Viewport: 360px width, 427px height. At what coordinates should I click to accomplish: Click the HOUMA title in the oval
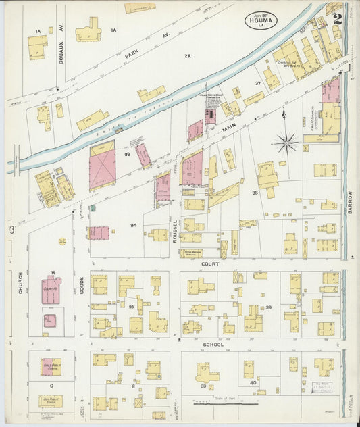259,22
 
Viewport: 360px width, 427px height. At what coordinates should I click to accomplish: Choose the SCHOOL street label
213,344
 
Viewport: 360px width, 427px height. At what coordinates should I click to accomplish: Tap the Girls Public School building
51,367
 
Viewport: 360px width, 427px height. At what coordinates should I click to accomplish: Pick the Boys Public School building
50,401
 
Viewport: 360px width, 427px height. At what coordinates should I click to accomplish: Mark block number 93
127,154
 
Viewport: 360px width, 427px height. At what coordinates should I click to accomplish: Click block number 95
132,306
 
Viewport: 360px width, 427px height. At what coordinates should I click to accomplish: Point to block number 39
268,307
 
